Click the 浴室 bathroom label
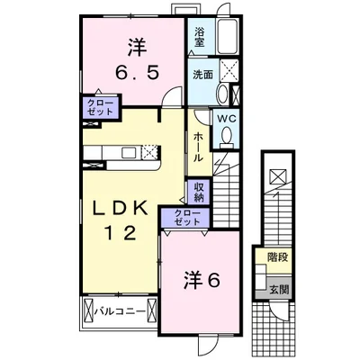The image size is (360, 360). coord(199,37)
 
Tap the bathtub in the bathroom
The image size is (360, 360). coord(227,37)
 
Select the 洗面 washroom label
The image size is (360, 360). coord(202,75)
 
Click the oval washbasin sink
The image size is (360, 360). coord(222,94)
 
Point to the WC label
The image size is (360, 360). coord(227,119)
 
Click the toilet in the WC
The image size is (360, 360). coord(227,137)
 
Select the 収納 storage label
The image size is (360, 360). coord(198,192)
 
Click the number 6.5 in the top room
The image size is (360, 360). coord(137,73)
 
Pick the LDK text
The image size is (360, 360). coord(120,209)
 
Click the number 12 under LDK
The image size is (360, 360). coord(120,233)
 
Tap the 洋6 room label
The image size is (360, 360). coord(202,280)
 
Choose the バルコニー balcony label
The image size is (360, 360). coord(120,311)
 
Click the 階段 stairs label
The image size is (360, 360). coord(278,257)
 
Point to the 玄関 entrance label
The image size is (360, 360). coord(279,290)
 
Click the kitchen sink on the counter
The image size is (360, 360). coord(130,152)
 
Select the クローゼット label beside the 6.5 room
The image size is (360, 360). coord(100,107)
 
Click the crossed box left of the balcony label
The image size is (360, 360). coord(89,311)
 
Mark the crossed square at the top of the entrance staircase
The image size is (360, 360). coord(278,176)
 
